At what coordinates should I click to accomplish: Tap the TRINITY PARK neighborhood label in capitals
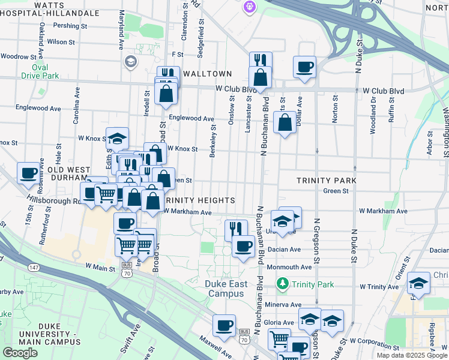(x=327, y=180)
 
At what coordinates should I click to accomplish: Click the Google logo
(x=20, y=352)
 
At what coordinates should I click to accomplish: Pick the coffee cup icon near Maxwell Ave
(x=224, y=325)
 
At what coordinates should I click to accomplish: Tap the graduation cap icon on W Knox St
(x=118, y=139)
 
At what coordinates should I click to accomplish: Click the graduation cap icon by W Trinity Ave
(x=418, y=283)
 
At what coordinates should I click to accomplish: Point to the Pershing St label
(x=70, y=26)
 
